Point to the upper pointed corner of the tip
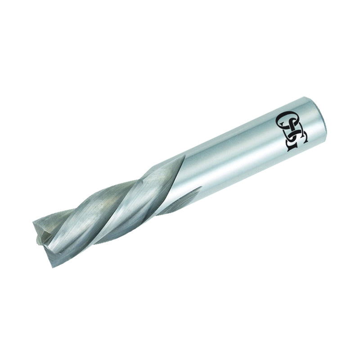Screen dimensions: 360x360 33,221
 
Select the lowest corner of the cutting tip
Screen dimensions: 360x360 53,267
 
